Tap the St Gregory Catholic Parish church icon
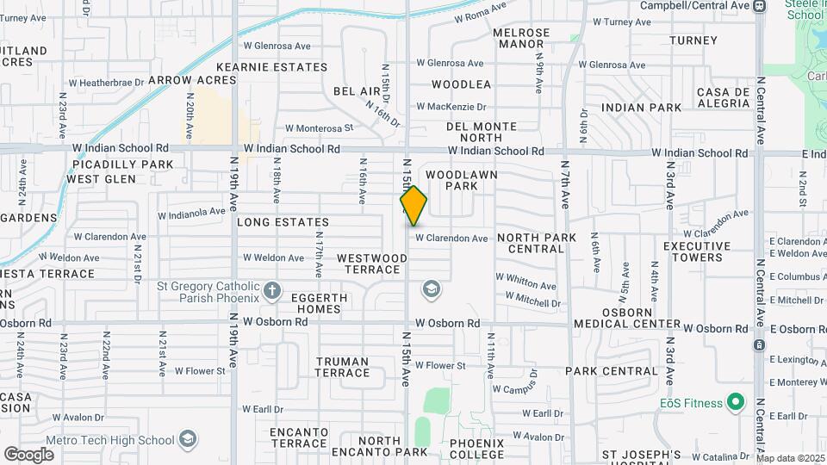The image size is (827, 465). (x=272, y=289)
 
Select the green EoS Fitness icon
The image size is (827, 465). (x=735, y=402)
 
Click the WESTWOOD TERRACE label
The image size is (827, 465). (x=372, y=263)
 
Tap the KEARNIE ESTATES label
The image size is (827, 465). (x=271, y=67)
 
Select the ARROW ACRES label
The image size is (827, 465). (x=192, y=80)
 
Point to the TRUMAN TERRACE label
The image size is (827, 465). (x=342, y=367)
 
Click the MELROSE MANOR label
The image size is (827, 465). (x=521, y=38)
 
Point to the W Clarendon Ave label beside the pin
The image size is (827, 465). (x=451, y=239)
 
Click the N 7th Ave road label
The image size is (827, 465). (x=565, y=183)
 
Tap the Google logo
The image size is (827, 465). (x=28, y=454)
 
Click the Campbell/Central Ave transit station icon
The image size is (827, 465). (x=759, y=6)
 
